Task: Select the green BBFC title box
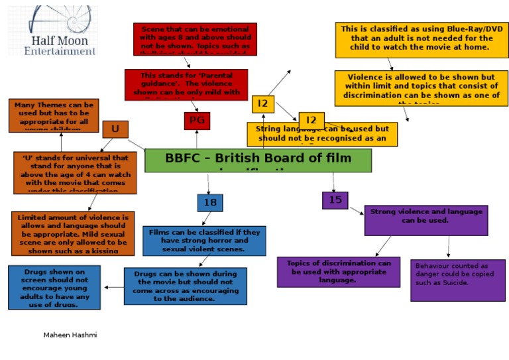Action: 258,160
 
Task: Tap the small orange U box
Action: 115,129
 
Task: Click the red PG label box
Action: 197,121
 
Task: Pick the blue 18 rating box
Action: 210,203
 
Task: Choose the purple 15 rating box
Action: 335,200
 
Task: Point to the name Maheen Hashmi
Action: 70,335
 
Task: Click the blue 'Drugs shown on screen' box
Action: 54,287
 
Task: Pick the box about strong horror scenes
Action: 204,241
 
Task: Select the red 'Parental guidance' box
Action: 186,84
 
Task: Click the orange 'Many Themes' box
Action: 53,115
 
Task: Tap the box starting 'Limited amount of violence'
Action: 73,233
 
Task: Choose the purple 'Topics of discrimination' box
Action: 339,272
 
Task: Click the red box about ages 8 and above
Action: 195,39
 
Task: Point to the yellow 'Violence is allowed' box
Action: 422,88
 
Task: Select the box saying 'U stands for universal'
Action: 75,172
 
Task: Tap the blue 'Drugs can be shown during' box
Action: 185,286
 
